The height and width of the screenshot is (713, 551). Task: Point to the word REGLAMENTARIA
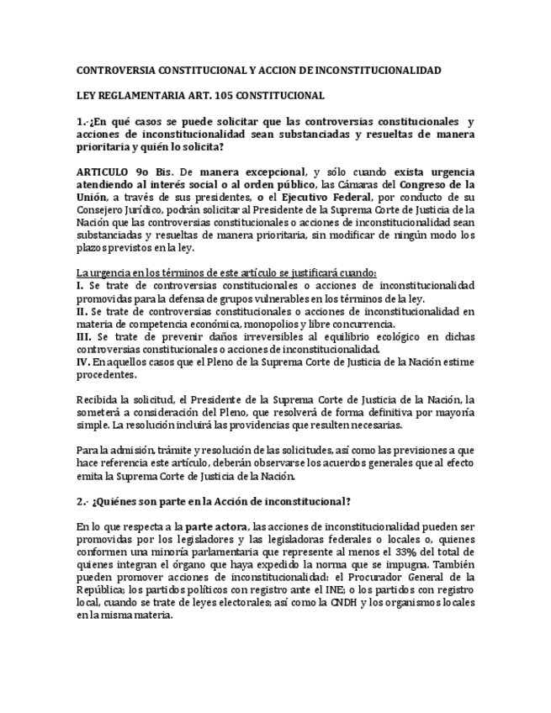click(x=138, y=96)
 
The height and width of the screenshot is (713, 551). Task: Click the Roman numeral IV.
click(x=82, y=362)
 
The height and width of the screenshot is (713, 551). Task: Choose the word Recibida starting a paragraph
click(x=97, y=399)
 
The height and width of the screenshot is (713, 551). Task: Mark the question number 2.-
click(x=82, y=501)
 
